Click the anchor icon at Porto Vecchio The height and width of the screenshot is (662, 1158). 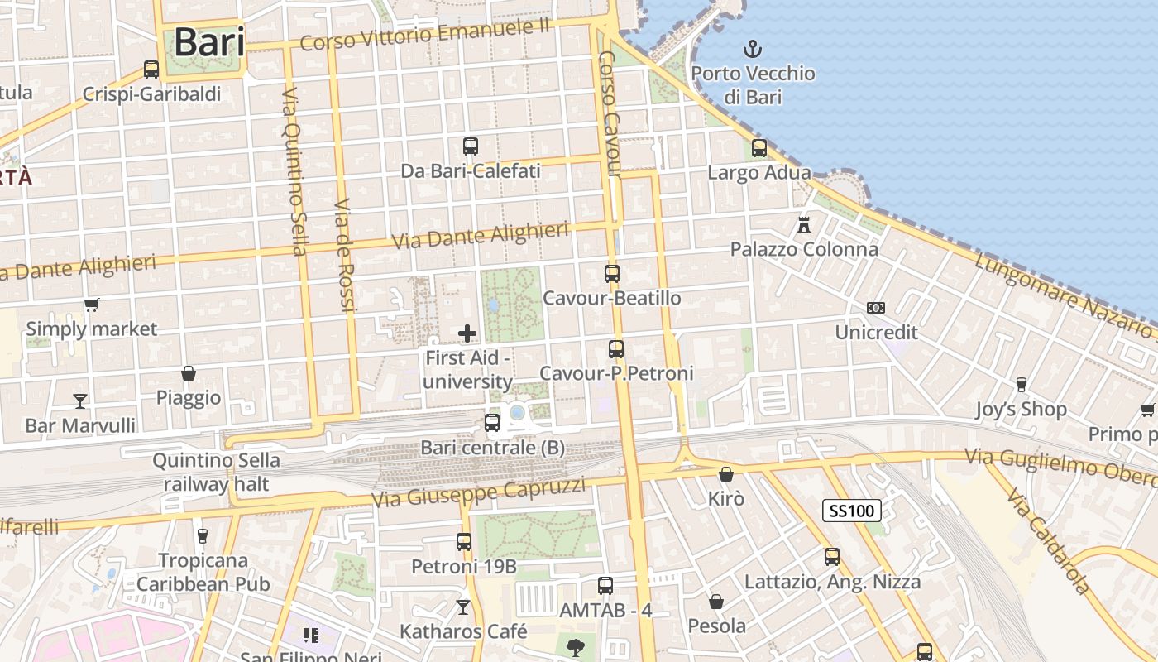click(753, 49)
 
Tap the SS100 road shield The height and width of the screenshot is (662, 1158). click(851, 511)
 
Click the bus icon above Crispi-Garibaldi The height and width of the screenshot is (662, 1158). click(151, 70)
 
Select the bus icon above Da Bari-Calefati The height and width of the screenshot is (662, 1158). click(471, 146)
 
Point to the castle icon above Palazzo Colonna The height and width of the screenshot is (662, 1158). click(803, 224)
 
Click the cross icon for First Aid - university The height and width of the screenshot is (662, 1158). click(467, 333)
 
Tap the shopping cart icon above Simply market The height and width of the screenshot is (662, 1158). click(92, 305)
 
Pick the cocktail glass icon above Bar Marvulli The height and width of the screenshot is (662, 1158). click(80, 401)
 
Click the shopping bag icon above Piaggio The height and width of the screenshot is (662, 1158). click(189, 373)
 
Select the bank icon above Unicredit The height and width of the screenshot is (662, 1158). click(876, 308)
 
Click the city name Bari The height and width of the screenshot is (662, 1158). click(209, 43)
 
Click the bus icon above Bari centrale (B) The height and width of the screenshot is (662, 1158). click(492, 423)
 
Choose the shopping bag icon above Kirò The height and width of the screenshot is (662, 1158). click(726, 474)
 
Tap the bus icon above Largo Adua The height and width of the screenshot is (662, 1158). click(759, 148)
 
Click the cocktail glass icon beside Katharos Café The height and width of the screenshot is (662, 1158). click(463, 607)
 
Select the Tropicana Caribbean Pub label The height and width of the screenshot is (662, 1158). click(203, 572)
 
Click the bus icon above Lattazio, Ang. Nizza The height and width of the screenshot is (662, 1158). click(832, 557)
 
